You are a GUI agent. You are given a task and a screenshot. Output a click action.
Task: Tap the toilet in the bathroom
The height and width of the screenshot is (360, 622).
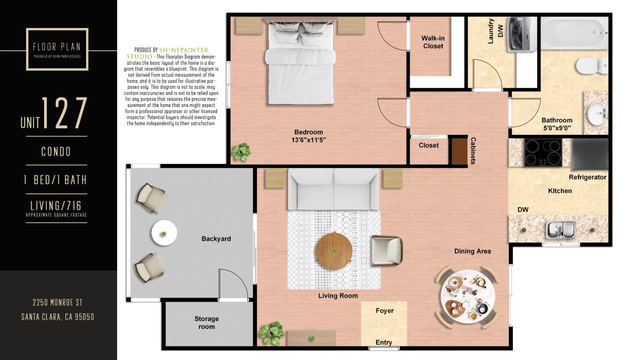(590, 66)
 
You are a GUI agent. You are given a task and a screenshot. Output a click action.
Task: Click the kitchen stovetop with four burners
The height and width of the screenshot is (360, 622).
(543, 152)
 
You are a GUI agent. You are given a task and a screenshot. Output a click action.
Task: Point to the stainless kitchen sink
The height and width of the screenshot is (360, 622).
(560, 229)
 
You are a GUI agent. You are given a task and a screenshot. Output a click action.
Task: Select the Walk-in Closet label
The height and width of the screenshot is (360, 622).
(433, 42)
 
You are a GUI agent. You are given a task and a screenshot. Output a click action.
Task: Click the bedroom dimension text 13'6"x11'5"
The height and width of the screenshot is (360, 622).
(308, 140)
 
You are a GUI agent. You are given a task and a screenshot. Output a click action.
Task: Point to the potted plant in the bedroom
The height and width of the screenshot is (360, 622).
(241, 152)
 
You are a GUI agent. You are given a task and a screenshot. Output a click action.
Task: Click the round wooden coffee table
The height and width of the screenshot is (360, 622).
(334, 250)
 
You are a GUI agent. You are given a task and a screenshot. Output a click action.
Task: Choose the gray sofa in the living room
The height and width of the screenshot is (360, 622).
(333, 189)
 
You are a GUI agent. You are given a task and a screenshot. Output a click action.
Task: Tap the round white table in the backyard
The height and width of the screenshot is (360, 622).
(164, 233)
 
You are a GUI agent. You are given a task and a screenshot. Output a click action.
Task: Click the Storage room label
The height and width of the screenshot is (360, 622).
(206, 322)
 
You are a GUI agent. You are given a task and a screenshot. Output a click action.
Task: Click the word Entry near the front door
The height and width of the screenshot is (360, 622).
(384, 342)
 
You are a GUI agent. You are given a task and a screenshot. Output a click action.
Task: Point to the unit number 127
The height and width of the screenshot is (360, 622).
(64, 114)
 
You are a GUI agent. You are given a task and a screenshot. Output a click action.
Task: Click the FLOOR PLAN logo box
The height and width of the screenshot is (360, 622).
(57, 49)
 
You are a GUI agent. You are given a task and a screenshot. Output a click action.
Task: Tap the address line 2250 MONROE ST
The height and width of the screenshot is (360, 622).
(57, 303)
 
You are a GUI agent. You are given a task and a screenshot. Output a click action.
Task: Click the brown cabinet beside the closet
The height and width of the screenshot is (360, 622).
(459, 151)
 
